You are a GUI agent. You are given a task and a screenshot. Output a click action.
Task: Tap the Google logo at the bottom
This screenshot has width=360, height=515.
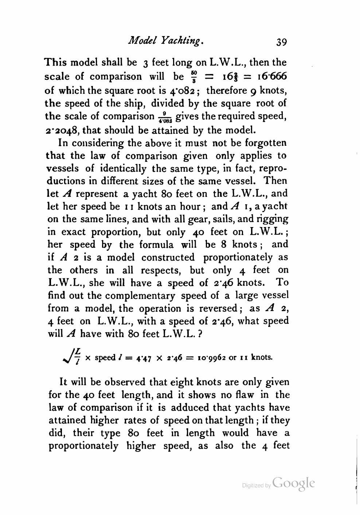click(293, 483)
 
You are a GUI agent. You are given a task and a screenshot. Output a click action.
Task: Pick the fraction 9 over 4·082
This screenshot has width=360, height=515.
click(165, 117)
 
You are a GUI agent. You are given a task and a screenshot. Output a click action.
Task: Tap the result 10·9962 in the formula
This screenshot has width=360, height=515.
click(209, 357)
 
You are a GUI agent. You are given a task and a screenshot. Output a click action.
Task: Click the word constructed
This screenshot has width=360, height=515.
click(168, 257)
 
